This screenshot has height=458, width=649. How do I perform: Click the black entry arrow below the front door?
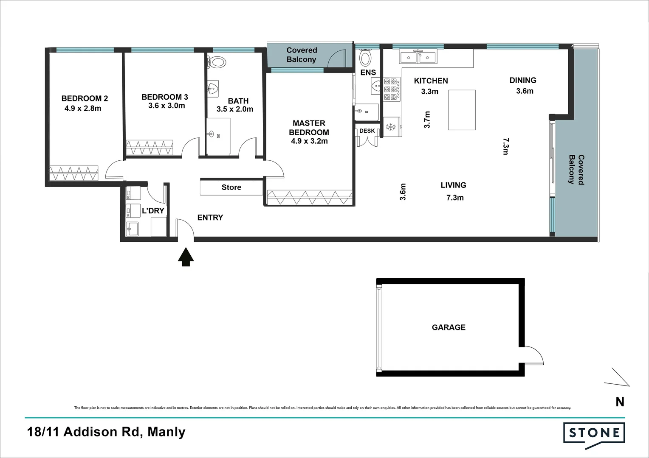[x=186, y=257]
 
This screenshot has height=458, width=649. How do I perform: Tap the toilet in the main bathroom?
[x=217, y=63]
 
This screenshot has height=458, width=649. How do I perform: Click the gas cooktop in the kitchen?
[x=392, y=89]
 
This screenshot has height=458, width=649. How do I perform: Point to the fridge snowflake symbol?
[x=390, y=127]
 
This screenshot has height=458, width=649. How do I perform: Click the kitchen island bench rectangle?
[x=462, y=110]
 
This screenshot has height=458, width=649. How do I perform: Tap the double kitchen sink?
[x=418, y=56]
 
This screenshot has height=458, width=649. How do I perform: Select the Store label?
[x=231, y=187]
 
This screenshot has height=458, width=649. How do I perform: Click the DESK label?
[x=367, y=131]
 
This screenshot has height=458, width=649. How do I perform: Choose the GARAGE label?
[x=449, y=327]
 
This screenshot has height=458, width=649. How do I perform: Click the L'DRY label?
[x=153, y=211]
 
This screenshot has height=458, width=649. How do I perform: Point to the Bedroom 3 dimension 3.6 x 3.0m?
[x=166, y=106]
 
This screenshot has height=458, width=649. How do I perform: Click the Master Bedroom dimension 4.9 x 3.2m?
[x=309, y=141]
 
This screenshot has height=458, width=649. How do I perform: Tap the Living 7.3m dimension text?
[x=455, y=198]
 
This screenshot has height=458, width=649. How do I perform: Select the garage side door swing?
[x=533, y=355]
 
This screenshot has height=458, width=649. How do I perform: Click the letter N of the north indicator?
[x=620, y=402]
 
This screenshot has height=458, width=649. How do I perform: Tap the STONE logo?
[x=594, y=433]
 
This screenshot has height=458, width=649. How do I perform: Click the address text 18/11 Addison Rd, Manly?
[x=106, y=432]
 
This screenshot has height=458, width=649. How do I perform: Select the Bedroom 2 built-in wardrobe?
[x=74, y=173]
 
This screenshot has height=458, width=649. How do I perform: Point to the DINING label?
[x=523, y=80]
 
